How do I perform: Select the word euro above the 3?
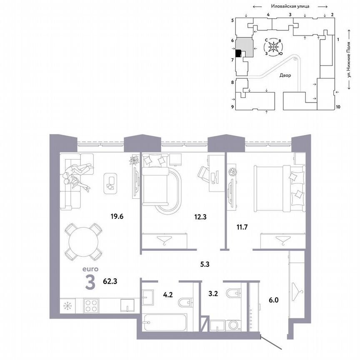(x=90, y=270)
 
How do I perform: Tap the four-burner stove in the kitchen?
(x=90, y=306)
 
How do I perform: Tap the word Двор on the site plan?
(x=285, y=76)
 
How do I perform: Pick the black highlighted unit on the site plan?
(x=238, y=53)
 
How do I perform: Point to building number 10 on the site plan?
(x=338, y=107)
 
